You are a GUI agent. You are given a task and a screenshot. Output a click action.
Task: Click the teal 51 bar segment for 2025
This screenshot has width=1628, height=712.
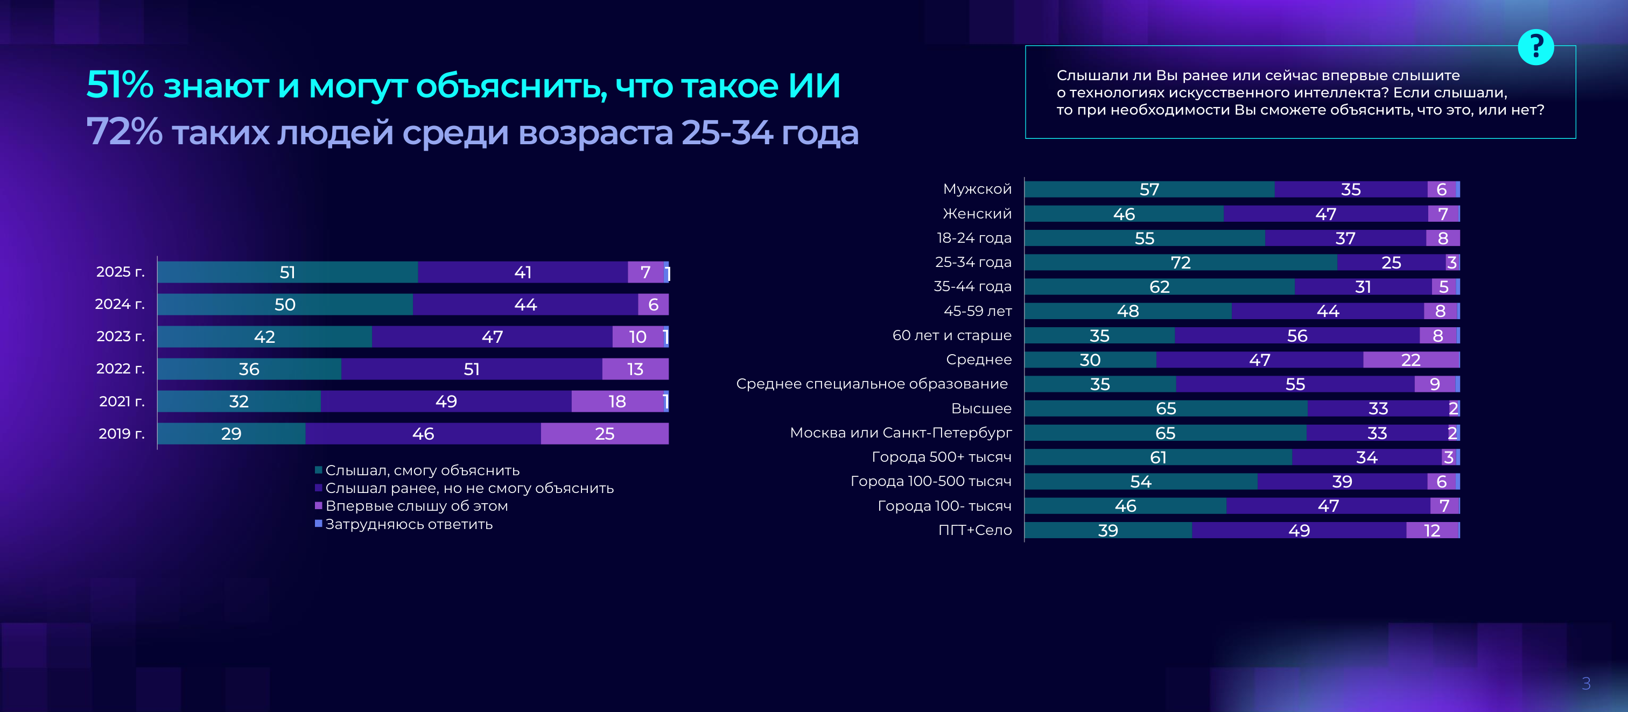tap(287, 272)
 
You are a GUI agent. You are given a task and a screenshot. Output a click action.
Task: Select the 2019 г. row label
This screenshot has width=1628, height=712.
tap(121, 433)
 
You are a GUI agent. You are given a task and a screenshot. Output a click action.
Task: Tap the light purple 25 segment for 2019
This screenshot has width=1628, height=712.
tap(604, 433)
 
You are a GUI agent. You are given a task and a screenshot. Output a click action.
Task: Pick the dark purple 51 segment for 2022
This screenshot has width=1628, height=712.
tap(472, 369)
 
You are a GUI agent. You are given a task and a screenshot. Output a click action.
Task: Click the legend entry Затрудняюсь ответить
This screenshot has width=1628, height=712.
tap(408, 524)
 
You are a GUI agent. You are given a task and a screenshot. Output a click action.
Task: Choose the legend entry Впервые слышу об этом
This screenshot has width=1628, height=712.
tap(416, 506)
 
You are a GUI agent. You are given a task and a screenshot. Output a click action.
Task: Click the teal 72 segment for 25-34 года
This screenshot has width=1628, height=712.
tap(1180, 262)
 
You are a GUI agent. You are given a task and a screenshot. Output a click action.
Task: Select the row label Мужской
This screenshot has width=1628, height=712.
tap(977, 189)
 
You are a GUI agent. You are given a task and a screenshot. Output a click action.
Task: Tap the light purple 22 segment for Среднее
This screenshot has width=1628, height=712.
tap(1411, 360)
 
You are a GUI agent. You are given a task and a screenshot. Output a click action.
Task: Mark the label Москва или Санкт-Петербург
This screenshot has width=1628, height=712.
tap(901, 433)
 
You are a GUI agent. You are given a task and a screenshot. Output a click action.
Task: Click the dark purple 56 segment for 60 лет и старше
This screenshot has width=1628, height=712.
tap(1297, 335)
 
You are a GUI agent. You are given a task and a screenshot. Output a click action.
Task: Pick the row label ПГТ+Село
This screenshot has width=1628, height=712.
tap(974, 530)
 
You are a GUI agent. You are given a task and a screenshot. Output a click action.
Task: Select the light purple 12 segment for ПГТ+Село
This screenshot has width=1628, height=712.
tap(1432, 531)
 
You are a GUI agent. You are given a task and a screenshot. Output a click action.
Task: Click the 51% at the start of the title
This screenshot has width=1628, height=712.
tap(120, 84)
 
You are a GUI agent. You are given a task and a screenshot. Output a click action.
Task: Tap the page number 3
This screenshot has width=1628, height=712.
tap(1585, 683)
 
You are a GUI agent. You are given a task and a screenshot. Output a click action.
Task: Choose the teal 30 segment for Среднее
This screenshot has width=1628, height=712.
tap(1090, 360)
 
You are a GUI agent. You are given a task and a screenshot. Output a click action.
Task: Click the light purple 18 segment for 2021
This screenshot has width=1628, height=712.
tap(617, 401)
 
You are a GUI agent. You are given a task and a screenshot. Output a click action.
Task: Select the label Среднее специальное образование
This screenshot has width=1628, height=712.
tap(872, 384)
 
